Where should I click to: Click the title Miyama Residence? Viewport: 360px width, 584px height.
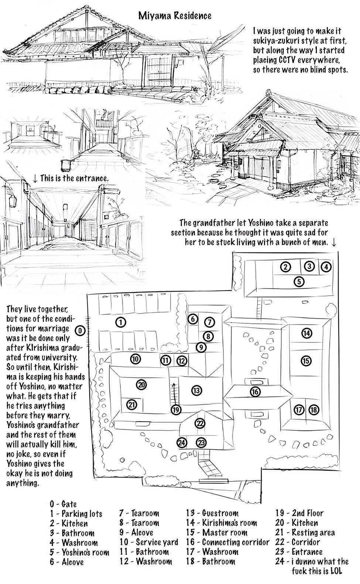click(x=175, y=16)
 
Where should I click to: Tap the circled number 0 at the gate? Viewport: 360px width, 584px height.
click(x=80, y=331)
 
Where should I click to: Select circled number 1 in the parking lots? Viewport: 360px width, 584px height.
click(x=121, y=323)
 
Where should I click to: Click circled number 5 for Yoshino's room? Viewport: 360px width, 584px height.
click(x=299, y=282)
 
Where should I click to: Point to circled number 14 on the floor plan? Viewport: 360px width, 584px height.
click(x=306, y=333)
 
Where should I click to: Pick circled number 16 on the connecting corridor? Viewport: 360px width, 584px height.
click(x=255, y=392)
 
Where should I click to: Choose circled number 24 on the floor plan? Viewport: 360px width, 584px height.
click(x=182, y=443)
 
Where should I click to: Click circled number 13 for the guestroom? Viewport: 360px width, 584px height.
click(x=196, y=391)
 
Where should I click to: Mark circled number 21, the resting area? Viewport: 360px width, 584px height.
click(x=132, y=405)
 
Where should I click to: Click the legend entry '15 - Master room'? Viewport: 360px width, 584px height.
click(x=217, y=532)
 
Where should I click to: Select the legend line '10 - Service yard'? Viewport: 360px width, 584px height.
click(x=149, y=542)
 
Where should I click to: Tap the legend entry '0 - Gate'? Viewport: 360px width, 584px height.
click(x=64, y=504)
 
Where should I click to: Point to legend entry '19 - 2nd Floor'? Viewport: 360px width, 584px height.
click(x=299, y=513)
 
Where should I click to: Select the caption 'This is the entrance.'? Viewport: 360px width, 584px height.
click(x=74, y=179)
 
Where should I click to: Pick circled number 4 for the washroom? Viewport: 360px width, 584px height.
click(x=326, y=267)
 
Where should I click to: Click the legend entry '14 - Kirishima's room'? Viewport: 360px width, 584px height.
click(x=222, y=523)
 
